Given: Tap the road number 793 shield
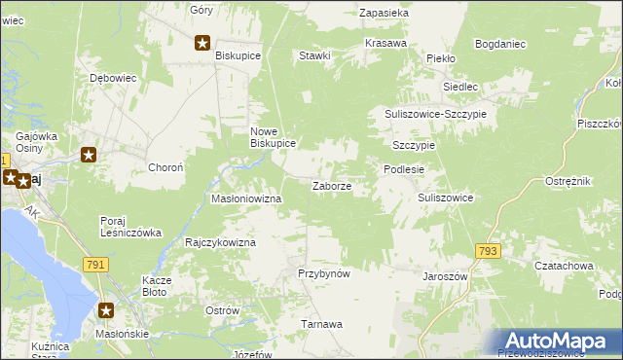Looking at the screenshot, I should [x=489, y=251].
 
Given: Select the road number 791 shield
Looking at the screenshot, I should [x=94, y=265].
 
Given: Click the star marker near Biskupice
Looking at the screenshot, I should [x=202, y=42].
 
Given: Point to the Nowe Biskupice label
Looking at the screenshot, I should [x=273, y=136].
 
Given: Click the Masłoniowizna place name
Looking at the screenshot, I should [x=246, y=198].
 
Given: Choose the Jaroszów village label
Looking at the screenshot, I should [x=446, y=276].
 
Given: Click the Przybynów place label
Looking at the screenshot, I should [x=323, y=274].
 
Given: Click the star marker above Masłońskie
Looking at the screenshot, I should [x=106, y=311].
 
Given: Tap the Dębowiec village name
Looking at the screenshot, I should [x=111, y=77].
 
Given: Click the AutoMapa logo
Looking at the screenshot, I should [x=558, y=342].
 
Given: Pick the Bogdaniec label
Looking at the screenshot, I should [x=500, y=44].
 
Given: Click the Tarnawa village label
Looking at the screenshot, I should [x=321, y=324].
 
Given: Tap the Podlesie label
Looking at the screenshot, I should [x=403, y=169].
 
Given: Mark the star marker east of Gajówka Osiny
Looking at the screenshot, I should [x=89, y=154].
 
